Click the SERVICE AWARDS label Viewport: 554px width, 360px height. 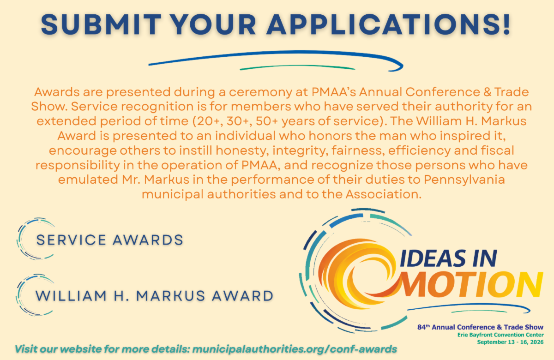(110, 240)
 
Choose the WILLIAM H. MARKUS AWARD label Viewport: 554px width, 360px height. (155, 296)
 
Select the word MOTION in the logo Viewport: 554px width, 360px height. (471, 284)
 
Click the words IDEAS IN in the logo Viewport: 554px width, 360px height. (448, 258)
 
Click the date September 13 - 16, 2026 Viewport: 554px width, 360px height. (510, 342)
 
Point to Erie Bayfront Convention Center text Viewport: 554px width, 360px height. (500, 335)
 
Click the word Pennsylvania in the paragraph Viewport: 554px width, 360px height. (464, 180)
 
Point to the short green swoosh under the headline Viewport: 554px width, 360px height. (297, 67)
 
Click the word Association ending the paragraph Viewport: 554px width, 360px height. (383, 194)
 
